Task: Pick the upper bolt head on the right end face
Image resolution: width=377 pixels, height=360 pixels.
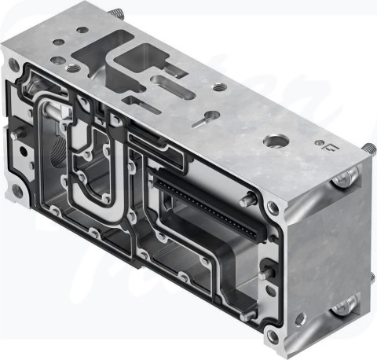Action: point(339,182)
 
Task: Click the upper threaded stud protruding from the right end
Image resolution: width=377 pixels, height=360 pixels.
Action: point(365,147)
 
